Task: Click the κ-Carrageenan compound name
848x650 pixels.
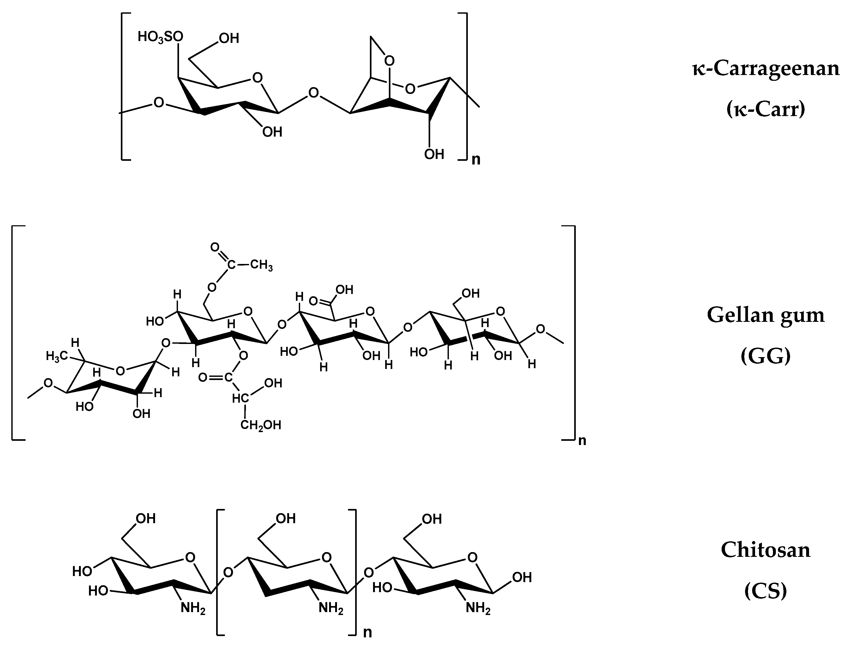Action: tap(766, 69)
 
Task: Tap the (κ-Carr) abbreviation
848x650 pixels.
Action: tap(766, 109)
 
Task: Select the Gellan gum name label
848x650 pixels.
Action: tap(766, 315)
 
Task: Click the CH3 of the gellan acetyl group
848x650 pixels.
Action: tap(261, 266)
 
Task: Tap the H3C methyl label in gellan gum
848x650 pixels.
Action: tap(57, 356)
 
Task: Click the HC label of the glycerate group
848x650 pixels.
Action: tap(240, 398)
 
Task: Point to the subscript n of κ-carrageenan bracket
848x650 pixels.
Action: tap(476, 160)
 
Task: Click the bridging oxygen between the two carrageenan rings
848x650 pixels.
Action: tap(314, 93)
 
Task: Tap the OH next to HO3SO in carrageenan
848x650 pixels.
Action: tap(229, 38)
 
